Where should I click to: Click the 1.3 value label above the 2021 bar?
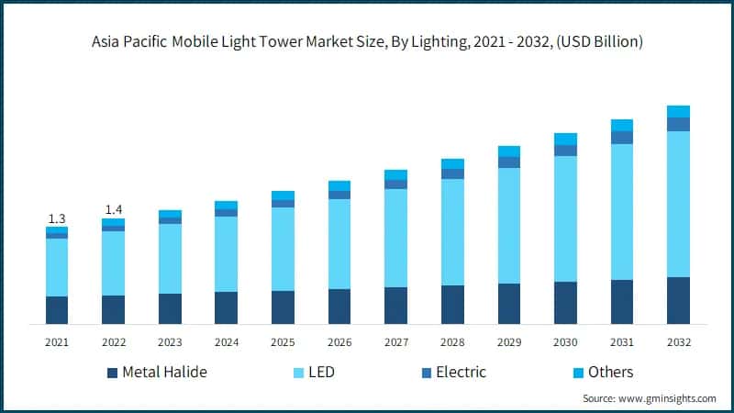[57, 218]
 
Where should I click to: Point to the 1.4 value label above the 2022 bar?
[113, 209]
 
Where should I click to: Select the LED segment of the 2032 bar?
[678, 204]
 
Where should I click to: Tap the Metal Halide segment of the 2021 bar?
[57, 309]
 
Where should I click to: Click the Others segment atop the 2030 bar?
[565, 139]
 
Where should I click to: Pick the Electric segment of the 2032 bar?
[678, 124]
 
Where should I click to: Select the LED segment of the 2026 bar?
[339, 243]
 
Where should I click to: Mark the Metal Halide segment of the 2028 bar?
[452, 304]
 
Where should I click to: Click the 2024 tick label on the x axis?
[226, 342]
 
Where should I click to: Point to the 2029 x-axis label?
[509, 342]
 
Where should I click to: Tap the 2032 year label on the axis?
[678, 342]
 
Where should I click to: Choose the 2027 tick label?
[395, 342]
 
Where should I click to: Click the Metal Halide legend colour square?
[113, 373]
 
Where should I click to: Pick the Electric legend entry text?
[461, 373]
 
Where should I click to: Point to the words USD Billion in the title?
[595, 42]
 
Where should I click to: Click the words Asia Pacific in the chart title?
[126, 42]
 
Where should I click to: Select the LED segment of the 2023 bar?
[170, 259]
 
